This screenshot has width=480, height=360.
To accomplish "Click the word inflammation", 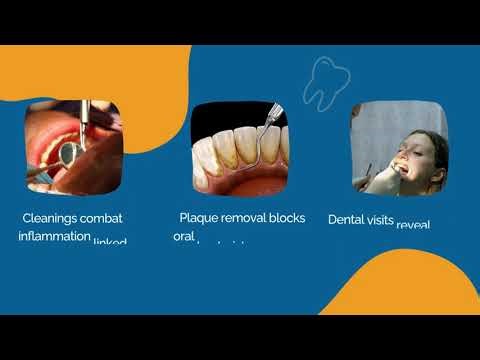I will pyautogui.click(x=54, y=236).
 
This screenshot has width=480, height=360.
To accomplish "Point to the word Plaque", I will pyautogui.click(x=199, y=217).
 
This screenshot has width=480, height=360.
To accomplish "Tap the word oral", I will pyautogui.click(x=181, y=237).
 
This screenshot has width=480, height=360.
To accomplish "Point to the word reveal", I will pyautogui.click(x=413, y=224).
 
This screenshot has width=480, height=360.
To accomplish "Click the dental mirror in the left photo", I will pyautogui.click(x=69, y=152).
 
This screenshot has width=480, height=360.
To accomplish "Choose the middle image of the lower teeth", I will pyautogui.click(x=239, y=148).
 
